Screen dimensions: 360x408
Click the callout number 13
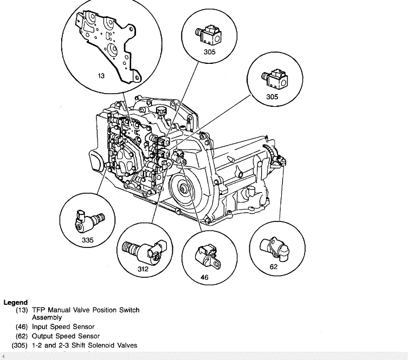pyautogui.click(x=101, y=76)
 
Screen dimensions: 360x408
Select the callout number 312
pyautogui.click(x=143, y=269)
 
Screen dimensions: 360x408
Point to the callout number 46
pyautogui.click(x=204, y=277)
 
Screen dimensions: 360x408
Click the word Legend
pyautogui.click(x=16, y=303)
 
